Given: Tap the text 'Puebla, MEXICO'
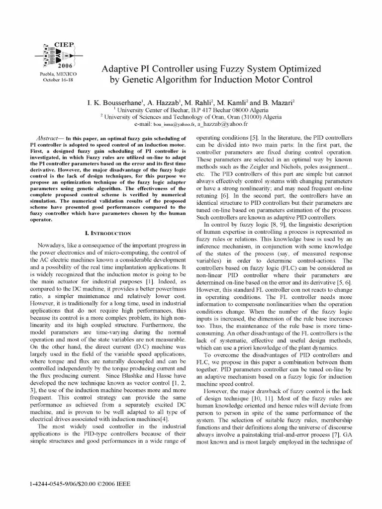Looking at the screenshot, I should (x=58, y=74).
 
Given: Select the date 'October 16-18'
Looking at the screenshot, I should (x=58, y=80).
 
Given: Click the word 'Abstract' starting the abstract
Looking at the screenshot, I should (x=49, y=137).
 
